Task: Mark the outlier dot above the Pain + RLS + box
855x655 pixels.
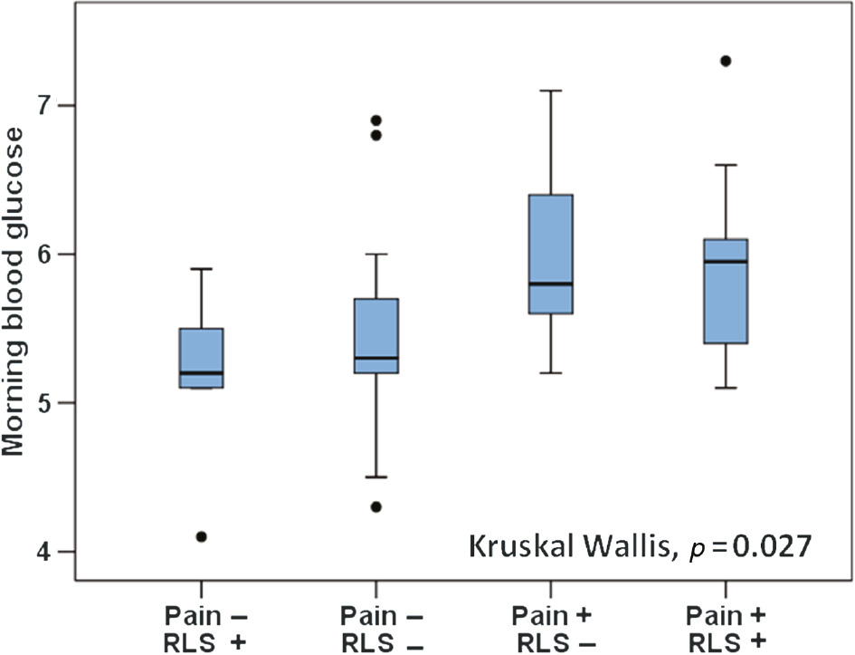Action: [x=726, y=61]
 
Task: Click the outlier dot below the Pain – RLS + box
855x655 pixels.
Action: [x=202, y=536]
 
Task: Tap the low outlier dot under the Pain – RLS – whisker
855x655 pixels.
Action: [x=376, y=506]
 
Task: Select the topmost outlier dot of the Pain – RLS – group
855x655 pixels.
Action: [x=376, y=120]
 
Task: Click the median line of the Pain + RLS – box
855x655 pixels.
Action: [x=551, y=284]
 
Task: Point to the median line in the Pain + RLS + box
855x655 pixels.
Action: [x=726, y=261]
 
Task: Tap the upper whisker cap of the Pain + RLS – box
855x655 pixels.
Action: [x=551, y=91]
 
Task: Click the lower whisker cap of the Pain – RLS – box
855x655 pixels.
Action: [x=376, y=477]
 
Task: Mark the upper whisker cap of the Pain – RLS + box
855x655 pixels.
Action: [x=202, y=269]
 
